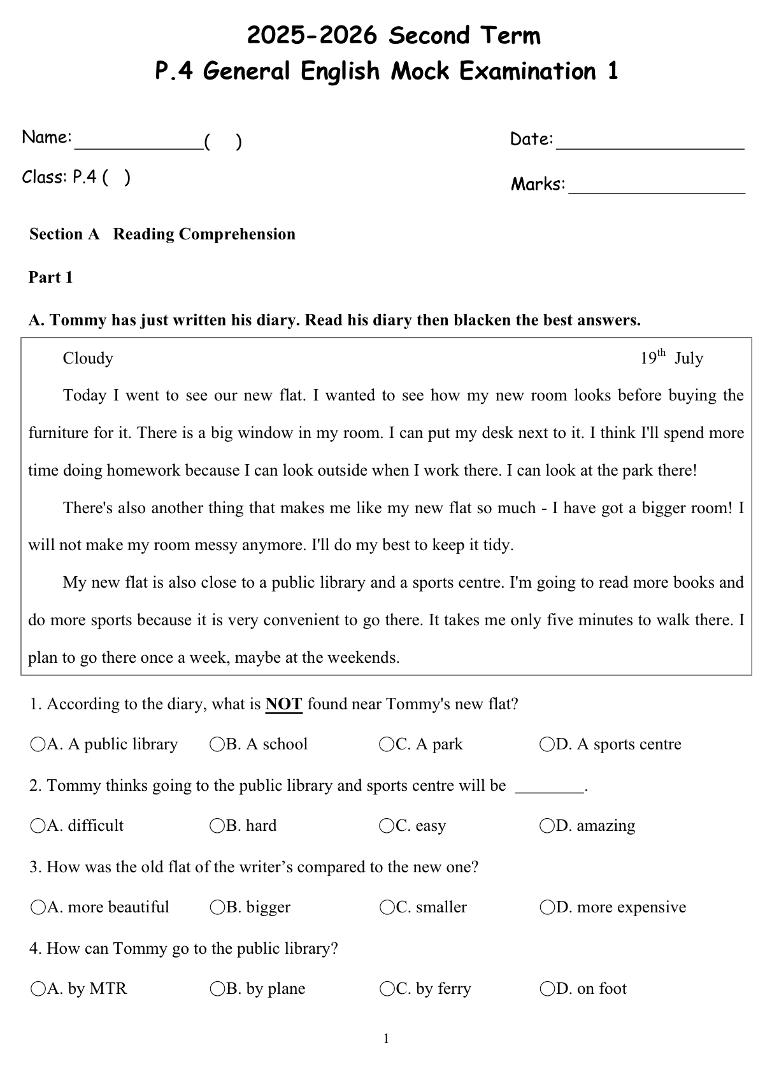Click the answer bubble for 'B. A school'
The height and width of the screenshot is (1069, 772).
(x=217, y=744)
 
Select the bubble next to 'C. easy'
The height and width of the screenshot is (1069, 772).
(x=387, y=826)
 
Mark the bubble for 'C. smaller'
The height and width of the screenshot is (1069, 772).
(x=387, y=907)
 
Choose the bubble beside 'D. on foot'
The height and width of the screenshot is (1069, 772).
(x=547, y=989)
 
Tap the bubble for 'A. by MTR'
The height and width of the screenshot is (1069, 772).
(x=38, y=989)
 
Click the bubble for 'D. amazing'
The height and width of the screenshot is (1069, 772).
(x=547, y=826)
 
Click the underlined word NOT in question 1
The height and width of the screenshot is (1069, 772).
(x=283, y=704)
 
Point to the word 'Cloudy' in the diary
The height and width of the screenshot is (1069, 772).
(x=88, y=358)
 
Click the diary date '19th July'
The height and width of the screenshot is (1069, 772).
(x=671, y=358)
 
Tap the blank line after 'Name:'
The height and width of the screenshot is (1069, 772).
(x=138, y=145)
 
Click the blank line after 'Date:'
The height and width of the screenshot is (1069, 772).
(x=650, y=145)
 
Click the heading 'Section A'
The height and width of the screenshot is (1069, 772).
(x=64, y=234)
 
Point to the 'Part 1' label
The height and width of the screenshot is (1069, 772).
(x=51, y=278)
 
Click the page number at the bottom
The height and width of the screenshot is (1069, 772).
(x=386, y=1039)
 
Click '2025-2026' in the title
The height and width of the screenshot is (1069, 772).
(x=312, y=36)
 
